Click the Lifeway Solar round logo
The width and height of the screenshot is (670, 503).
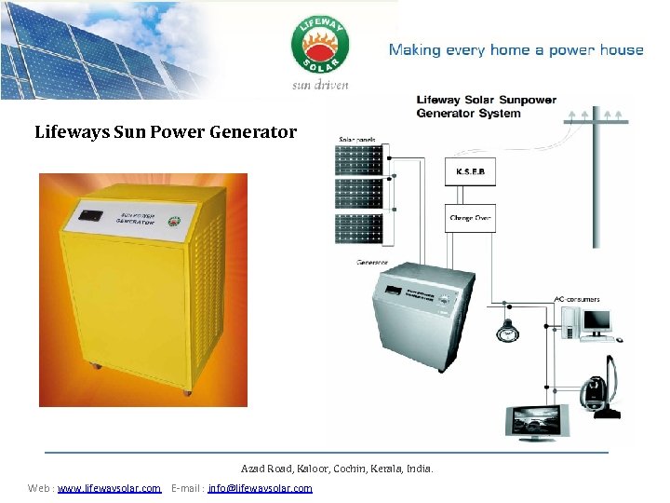click(x=321, y=46)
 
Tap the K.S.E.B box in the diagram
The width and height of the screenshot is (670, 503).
click(x=469, y=172)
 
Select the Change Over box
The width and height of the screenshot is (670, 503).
click(x=469, y=219)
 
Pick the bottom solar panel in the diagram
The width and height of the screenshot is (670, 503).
click(x=359, y=230)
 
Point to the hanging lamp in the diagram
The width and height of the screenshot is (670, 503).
click(x=507, y=330)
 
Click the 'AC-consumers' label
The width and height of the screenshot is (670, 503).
click(x=577, y=300)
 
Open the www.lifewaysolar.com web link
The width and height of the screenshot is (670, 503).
click(x=109, y=488)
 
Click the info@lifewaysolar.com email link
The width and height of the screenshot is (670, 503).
click(x=261, y=488)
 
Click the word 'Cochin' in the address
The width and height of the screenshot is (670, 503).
click(x=353, y=469)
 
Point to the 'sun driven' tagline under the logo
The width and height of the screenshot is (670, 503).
click(x=320, y=85)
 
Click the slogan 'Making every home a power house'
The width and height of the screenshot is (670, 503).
click(x=516, y=50)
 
